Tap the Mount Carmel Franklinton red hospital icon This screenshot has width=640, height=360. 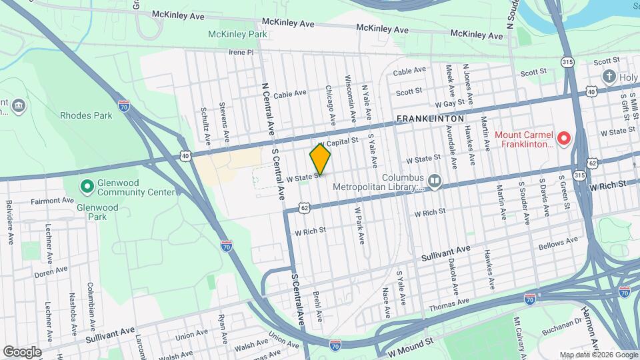(564, 139)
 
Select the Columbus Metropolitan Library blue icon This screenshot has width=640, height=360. (435, 180)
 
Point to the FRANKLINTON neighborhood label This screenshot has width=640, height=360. (430, 119)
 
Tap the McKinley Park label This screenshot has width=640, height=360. (237, 34)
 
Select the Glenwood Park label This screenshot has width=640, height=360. (97, 212)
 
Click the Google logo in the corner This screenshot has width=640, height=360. (22, 351)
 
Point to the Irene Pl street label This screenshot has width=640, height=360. (241, 51)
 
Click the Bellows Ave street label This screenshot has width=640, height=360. (559, 244)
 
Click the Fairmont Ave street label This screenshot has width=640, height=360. (53, 200)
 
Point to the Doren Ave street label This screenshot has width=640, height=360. (52, 271)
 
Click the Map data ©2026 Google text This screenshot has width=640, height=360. (598, 355)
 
